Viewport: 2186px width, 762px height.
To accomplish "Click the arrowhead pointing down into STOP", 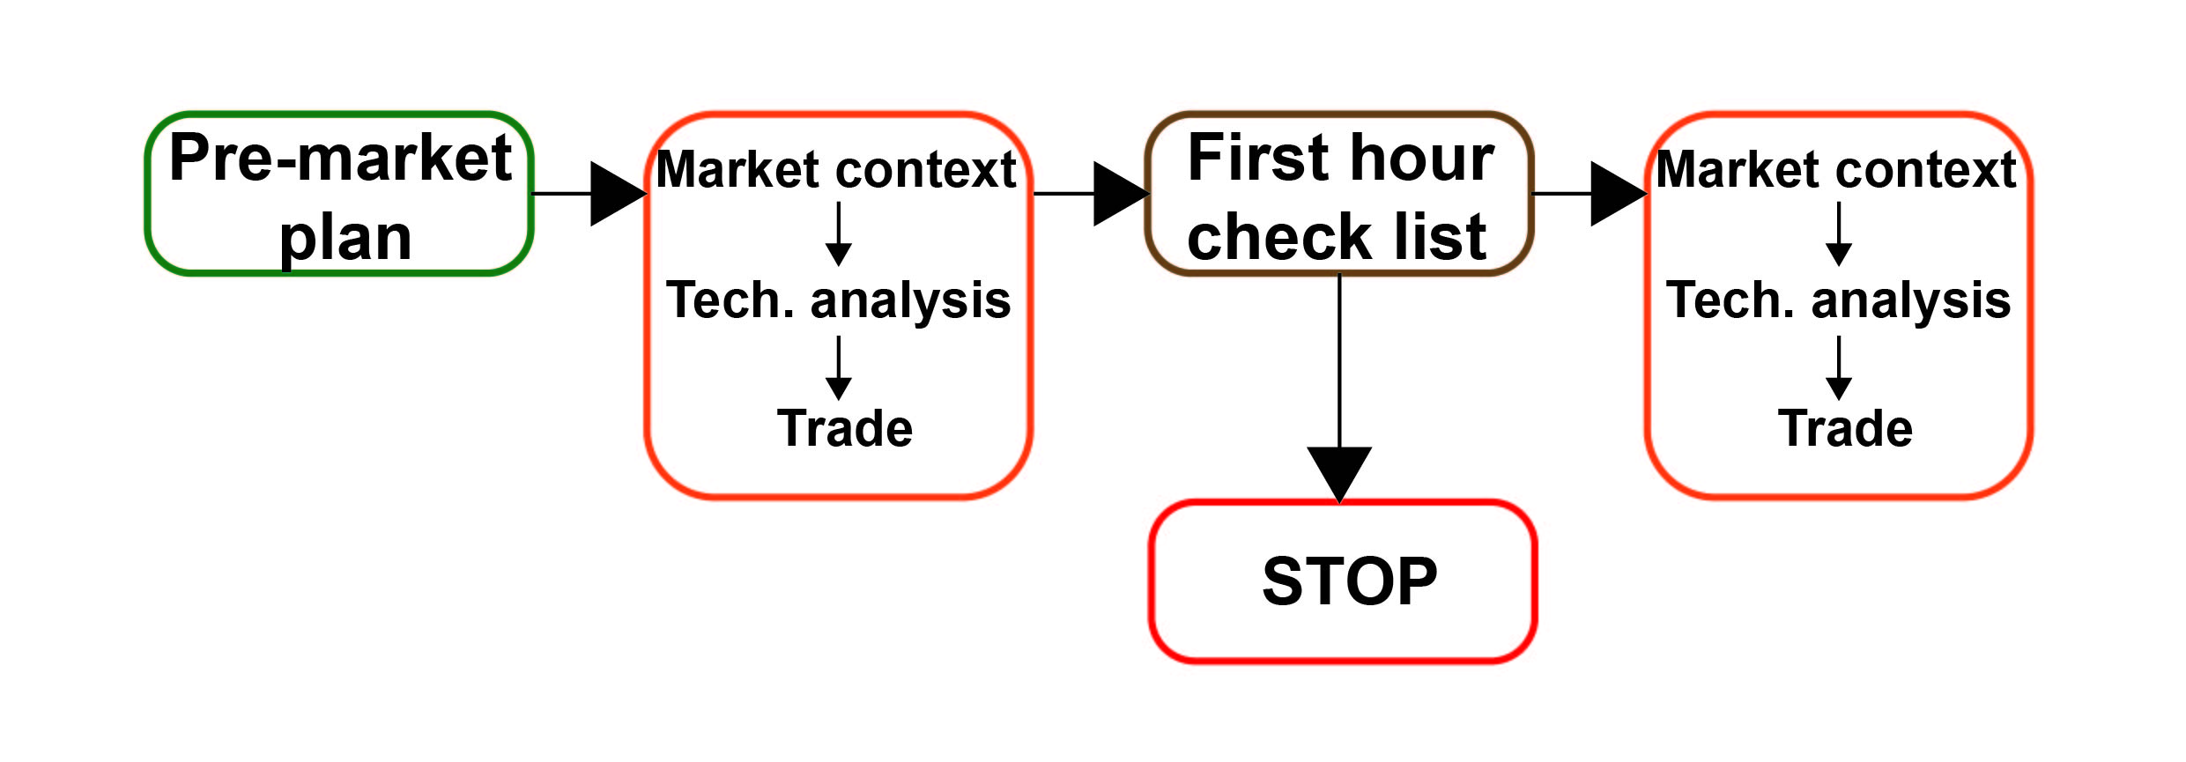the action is click(x=1339, y=474).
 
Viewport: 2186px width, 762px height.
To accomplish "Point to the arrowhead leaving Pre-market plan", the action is click(x=619, y=194).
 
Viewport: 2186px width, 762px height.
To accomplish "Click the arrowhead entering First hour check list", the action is click(x=1122, y=194).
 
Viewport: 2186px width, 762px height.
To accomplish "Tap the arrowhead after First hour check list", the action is click(x=1619, y=194).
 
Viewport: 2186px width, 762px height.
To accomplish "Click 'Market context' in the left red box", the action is click(x=836, y=169).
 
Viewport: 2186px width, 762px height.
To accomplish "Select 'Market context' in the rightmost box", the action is click(x=1836, y=169).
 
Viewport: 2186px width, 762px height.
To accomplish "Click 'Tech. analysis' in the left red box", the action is click(x=838, y=300).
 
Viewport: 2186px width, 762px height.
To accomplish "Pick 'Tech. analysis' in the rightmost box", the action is click(x=1839, y=300).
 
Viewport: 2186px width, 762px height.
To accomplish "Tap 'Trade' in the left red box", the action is click(x=844, y=429).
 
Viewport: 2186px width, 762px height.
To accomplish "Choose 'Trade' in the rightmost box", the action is click(x=1845, y=429).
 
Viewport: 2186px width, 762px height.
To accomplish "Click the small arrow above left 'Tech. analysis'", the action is click(x=839, y=234).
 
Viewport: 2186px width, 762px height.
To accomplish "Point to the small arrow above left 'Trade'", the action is click(x=839, y=368).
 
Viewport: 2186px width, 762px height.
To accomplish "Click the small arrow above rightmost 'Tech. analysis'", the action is click(x=1839, y=234).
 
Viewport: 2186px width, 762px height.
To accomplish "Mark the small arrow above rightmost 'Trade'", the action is click(x=1839, y=368).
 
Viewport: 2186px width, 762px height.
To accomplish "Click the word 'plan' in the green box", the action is click(x=345, y=240).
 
